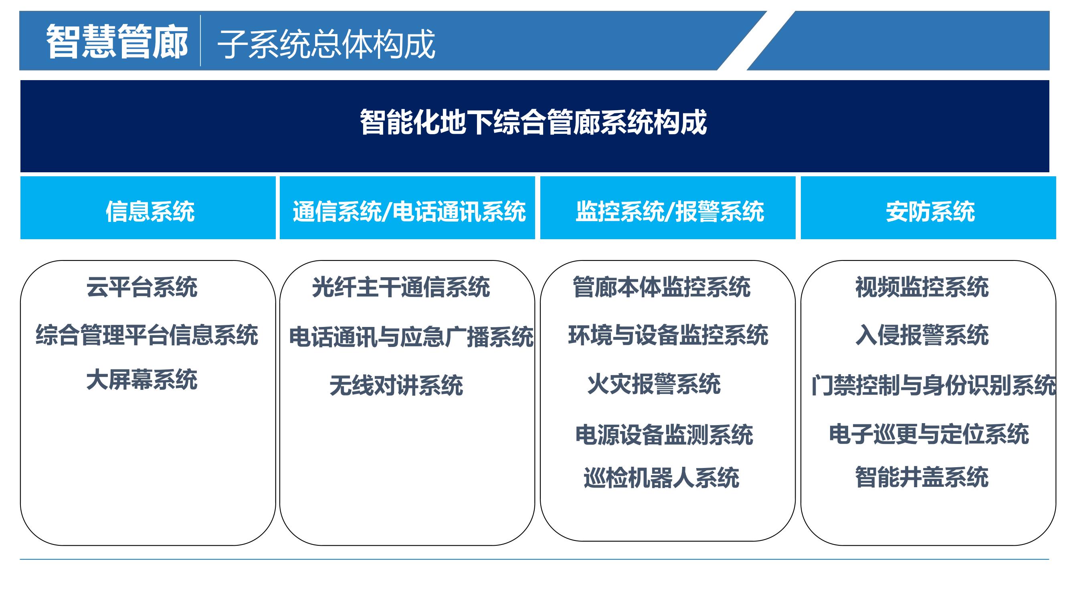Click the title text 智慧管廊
(117, 42)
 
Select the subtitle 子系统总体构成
(326, 44)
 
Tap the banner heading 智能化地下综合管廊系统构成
(533, 122)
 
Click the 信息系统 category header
(150, 212)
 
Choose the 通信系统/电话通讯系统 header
(409, 212)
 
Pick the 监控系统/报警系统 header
(669, 212)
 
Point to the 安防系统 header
(930, 212)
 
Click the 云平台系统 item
(142, 287)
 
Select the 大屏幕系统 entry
(142, 379)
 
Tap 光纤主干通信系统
(401, 287)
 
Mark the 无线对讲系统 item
(396, 385)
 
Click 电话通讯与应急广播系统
(411, 337)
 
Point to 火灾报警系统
(654, 384)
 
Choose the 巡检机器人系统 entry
(661, 478)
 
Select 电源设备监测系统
(664, 435)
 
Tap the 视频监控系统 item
(921, 287)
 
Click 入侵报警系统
(921, 335)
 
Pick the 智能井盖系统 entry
(921, 477)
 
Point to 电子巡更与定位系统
(929, 434)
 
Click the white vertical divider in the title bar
(200, 40)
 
